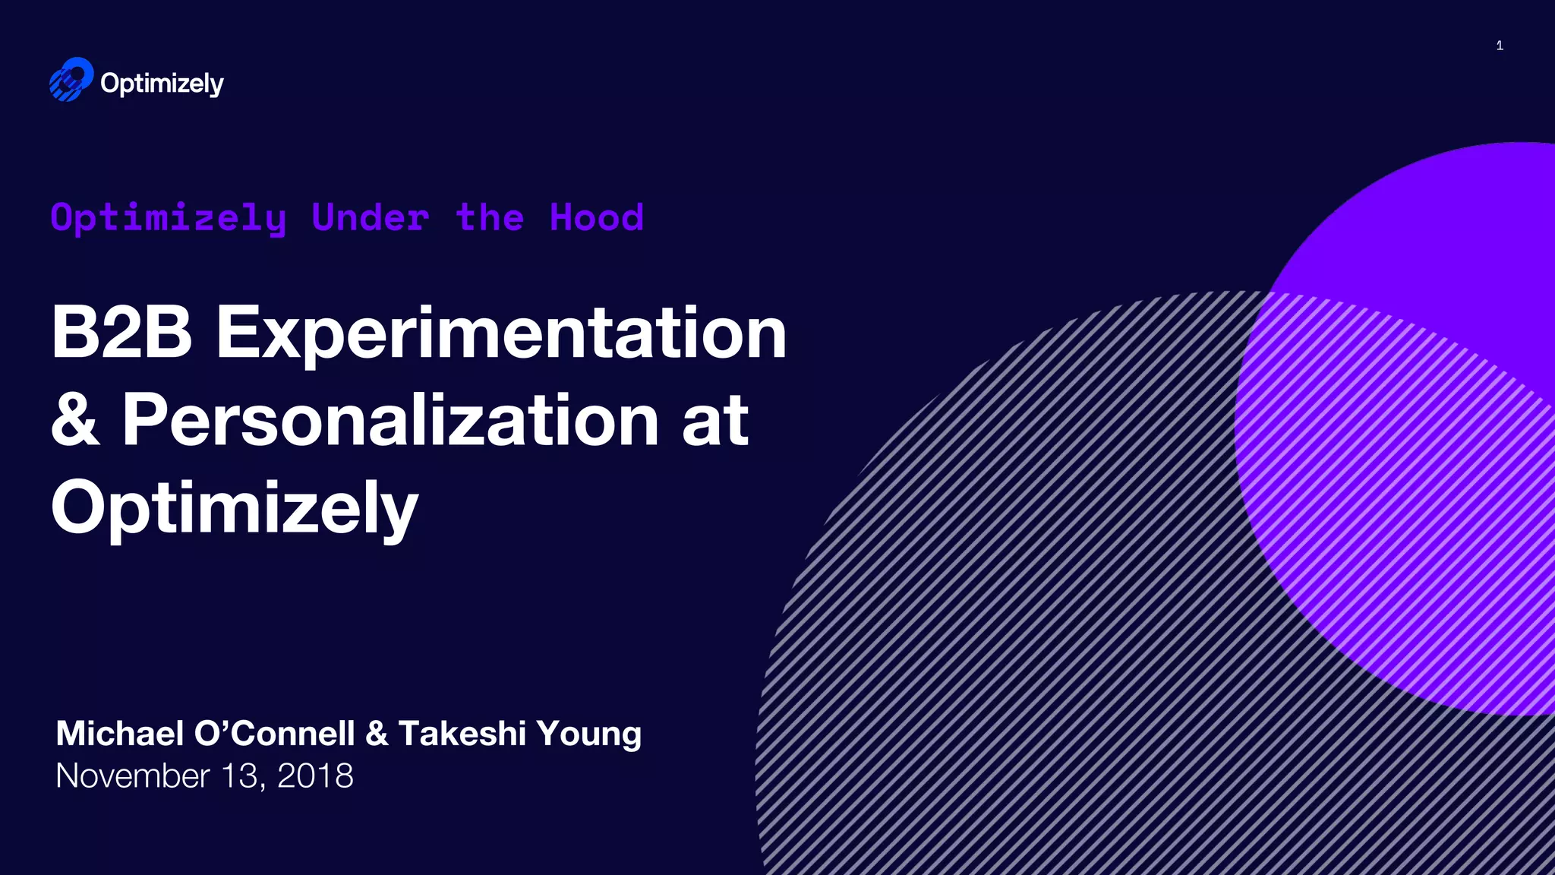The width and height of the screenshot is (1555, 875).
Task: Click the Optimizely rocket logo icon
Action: (x=71, y=80)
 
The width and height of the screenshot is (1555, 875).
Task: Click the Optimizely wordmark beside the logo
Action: (x=162, y=84)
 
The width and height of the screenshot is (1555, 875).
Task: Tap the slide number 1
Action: (x=1500, y=46)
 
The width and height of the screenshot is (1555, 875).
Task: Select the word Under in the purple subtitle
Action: (x=371, y=218)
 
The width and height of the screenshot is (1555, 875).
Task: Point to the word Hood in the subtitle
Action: (x=597, y=218)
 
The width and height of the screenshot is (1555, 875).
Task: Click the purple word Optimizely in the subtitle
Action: (x=169, y=219)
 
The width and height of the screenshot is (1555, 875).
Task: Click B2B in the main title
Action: (x=121, y=332)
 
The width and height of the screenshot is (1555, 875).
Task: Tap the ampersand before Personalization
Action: (x=75, y=420)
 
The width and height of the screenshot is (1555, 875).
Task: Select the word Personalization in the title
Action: (x=390, y=420)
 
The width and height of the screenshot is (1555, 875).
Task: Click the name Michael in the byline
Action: (x=120, y=734)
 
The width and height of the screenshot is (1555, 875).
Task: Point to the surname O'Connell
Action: (x=275, y=734)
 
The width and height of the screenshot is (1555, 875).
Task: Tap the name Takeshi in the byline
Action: (x=462, y=734)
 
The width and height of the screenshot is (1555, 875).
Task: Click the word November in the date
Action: (x=132, y=776)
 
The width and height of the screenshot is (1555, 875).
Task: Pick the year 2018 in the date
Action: (x=315, y=776)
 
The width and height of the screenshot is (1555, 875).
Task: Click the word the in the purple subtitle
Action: (x=490, y=218)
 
